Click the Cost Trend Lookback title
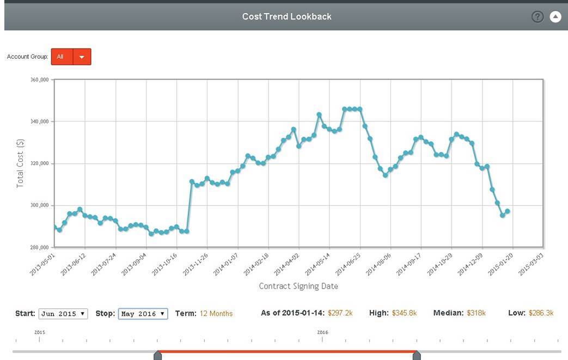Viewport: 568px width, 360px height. coord(286,16)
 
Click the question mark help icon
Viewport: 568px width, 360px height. coord(538,16)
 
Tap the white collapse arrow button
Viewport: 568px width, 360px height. coord(555,16)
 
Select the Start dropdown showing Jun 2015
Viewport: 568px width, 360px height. coord(63,314)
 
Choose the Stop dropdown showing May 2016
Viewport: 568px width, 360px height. coord(143,314)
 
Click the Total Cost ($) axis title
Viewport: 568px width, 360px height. coord(21,163)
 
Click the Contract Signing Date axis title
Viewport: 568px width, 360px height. coord(298,286)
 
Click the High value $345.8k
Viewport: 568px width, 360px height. coord(404,313)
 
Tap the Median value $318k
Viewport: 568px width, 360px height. coord(476,313)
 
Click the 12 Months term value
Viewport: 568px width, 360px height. coord(216,314)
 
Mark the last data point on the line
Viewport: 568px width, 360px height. coord(508,211)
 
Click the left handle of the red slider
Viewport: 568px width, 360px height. coord(157,356)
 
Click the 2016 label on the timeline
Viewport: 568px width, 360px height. coord(323,332)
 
